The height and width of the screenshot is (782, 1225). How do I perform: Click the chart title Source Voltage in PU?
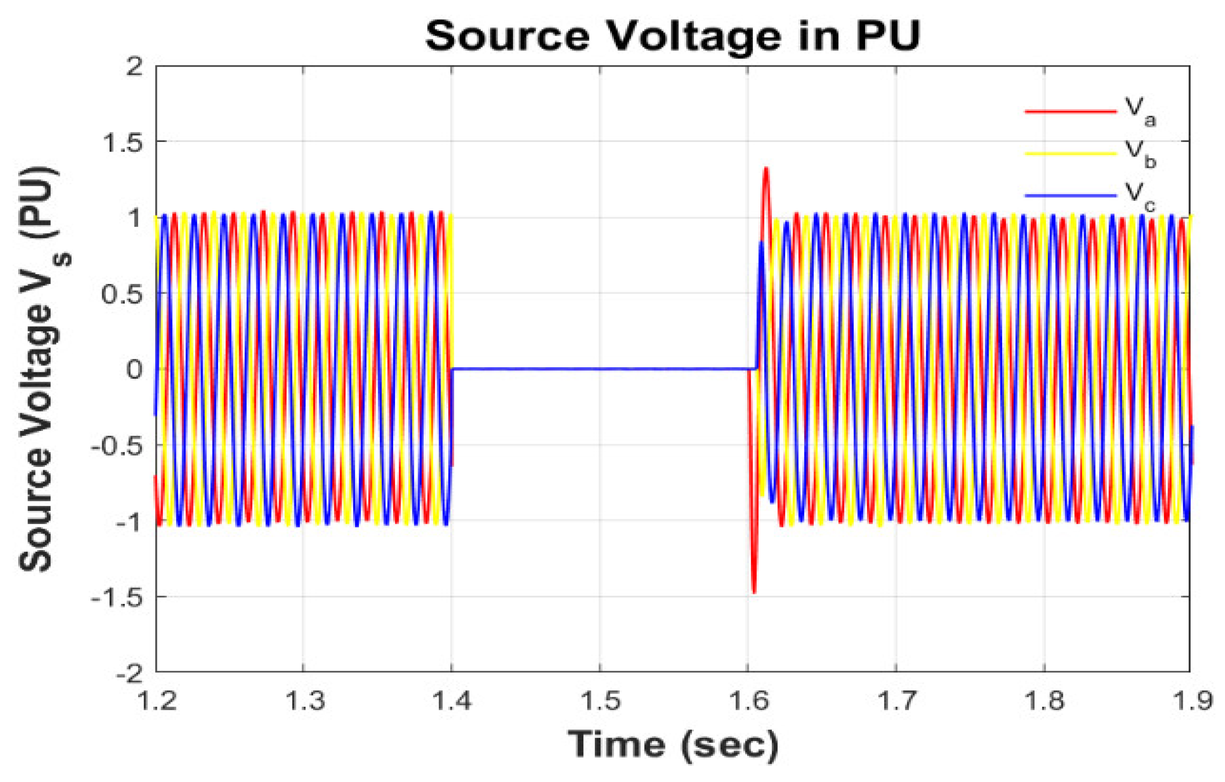click(x=673, y=36)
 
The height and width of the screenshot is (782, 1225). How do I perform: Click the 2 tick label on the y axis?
click(x=134, y=67)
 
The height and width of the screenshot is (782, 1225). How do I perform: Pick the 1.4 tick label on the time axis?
click(x=452, y=701)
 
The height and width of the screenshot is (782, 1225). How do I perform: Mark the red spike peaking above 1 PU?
click(x=765, y=171)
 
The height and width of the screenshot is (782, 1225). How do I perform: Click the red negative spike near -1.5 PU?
click(x=754, y=590)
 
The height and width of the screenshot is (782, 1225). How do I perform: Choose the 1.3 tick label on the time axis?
click(x=304, y=701)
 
